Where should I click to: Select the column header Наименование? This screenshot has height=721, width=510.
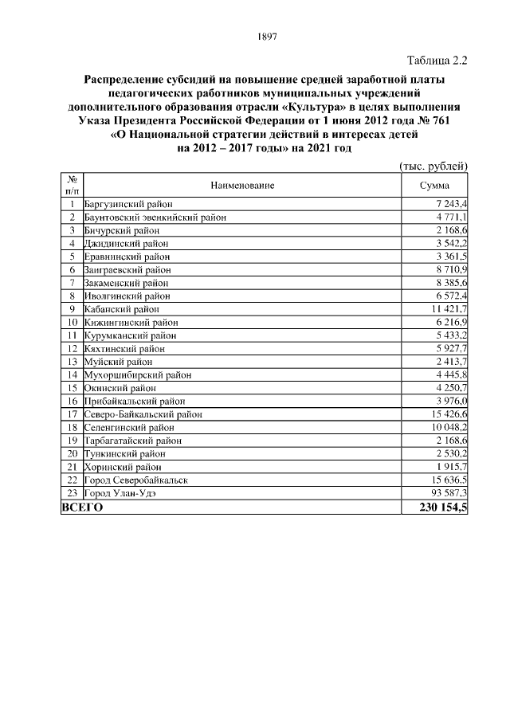[242, 186]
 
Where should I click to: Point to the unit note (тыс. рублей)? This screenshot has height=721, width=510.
[433, 166]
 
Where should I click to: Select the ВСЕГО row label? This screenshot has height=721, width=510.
[83, 507]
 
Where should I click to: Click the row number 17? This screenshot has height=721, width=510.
[72, 414]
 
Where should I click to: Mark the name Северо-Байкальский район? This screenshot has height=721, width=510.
[143, 414]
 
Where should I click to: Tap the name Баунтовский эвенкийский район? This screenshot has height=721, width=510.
[155, 217]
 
